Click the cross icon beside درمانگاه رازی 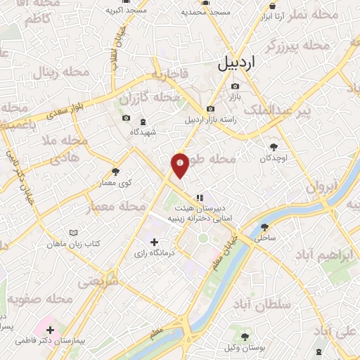[x=154, y=242]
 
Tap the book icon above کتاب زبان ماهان [x=74, y=232]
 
